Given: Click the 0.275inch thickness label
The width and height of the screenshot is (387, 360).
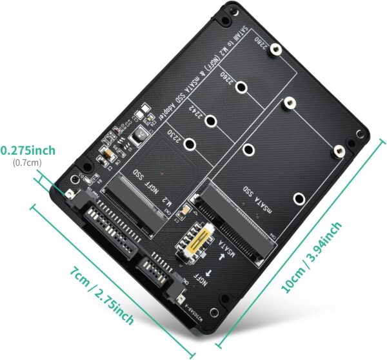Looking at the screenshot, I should click(x=28, y=150).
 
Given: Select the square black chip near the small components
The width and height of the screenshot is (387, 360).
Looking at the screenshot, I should click(x=137, y=135).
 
